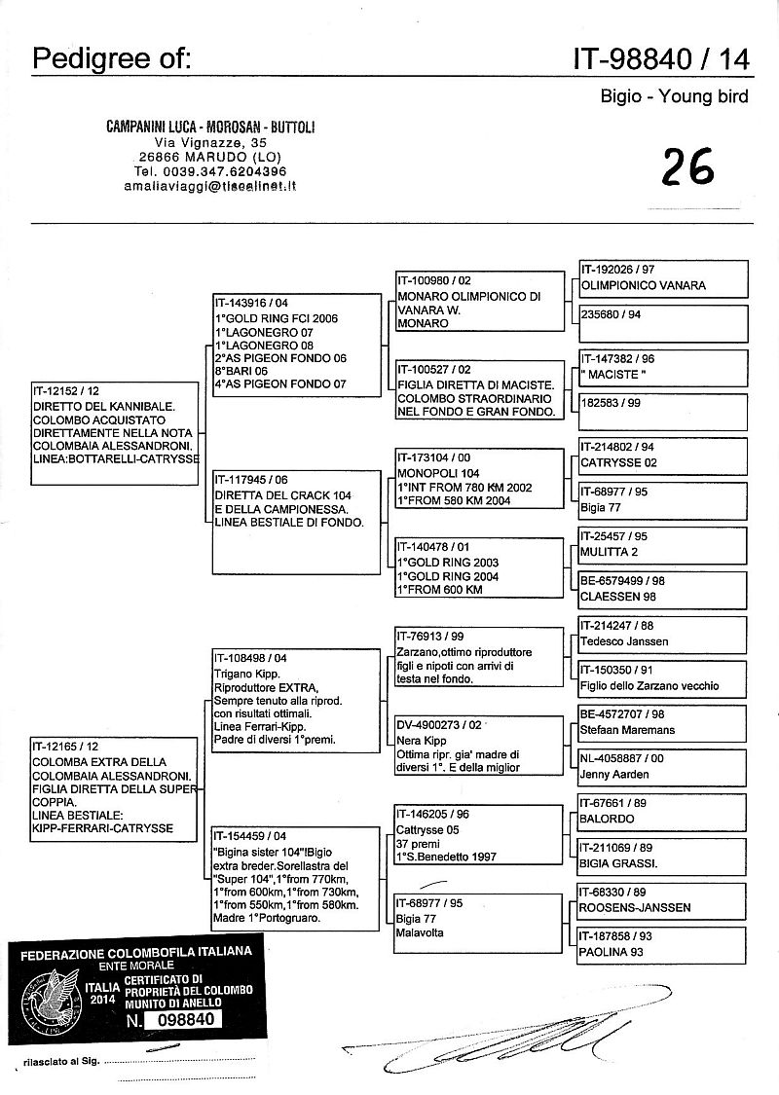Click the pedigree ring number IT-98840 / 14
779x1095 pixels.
coord(663,59)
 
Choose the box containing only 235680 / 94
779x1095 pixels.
coord(663,317)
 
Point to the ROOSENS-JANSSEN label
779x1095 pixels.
coord(635,907)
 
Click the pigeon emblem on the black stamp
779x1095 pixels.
coord(49,994)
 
